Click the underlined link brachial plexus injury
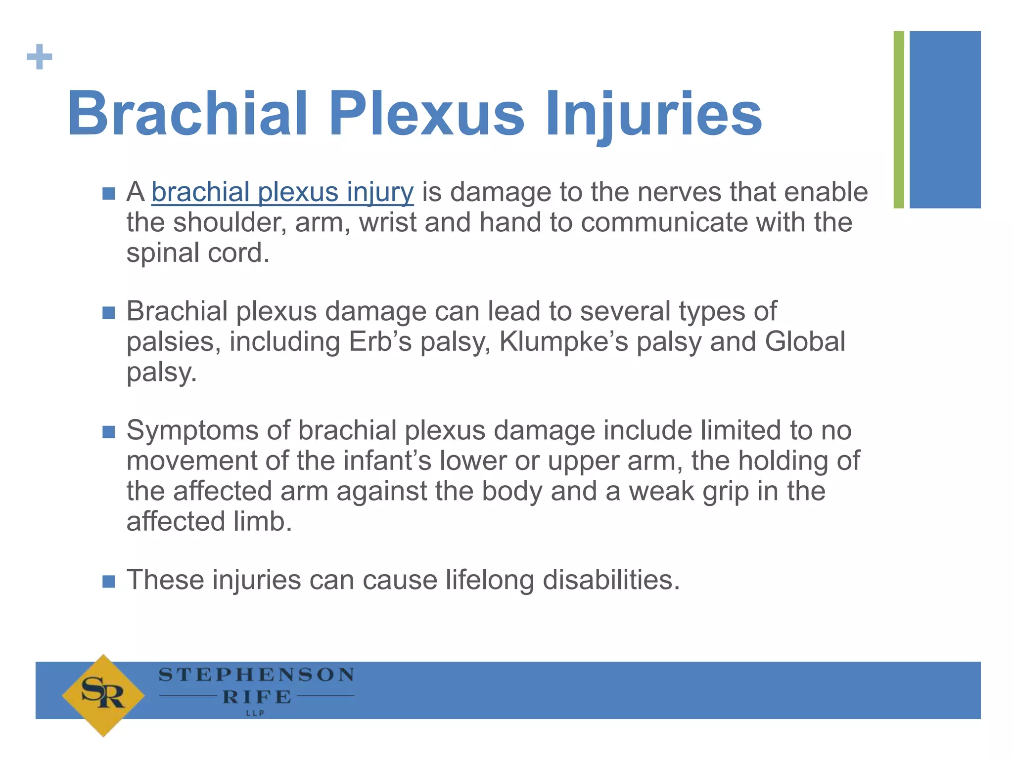coord(282,192)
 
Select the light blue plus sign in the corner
coord(40,57)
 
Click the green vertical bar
coord(899,120)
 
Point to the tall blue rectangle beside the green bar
coord(945,120)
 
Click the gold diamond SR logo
coord(103,695)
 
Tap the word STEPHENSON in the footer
coord(256,675)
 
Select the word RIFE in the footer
coord(257,697)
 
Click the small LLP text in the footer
coord(255,713)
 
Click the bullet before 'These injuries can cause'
coord(109,581)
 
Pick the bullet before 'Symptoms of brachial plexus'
coord(109,432)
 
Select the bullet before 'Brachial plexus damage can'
coord(109,313)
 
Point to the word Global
coord(805,342)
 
